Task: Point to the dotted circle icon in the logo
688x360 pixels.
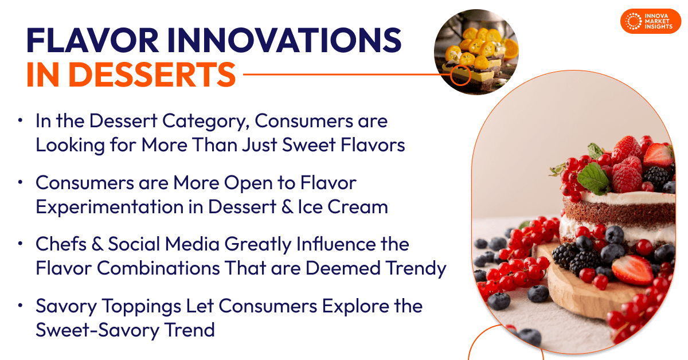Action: [633, 21]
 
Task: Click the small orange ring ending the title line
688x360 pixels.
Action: [460, 75]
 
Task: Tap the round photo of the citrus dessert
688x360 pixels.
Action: [476, 52]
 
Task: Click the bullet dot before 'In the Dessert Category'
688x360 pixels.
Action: [21, 122]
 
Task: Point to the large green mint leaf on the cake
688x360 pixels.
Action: [594, 179]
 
